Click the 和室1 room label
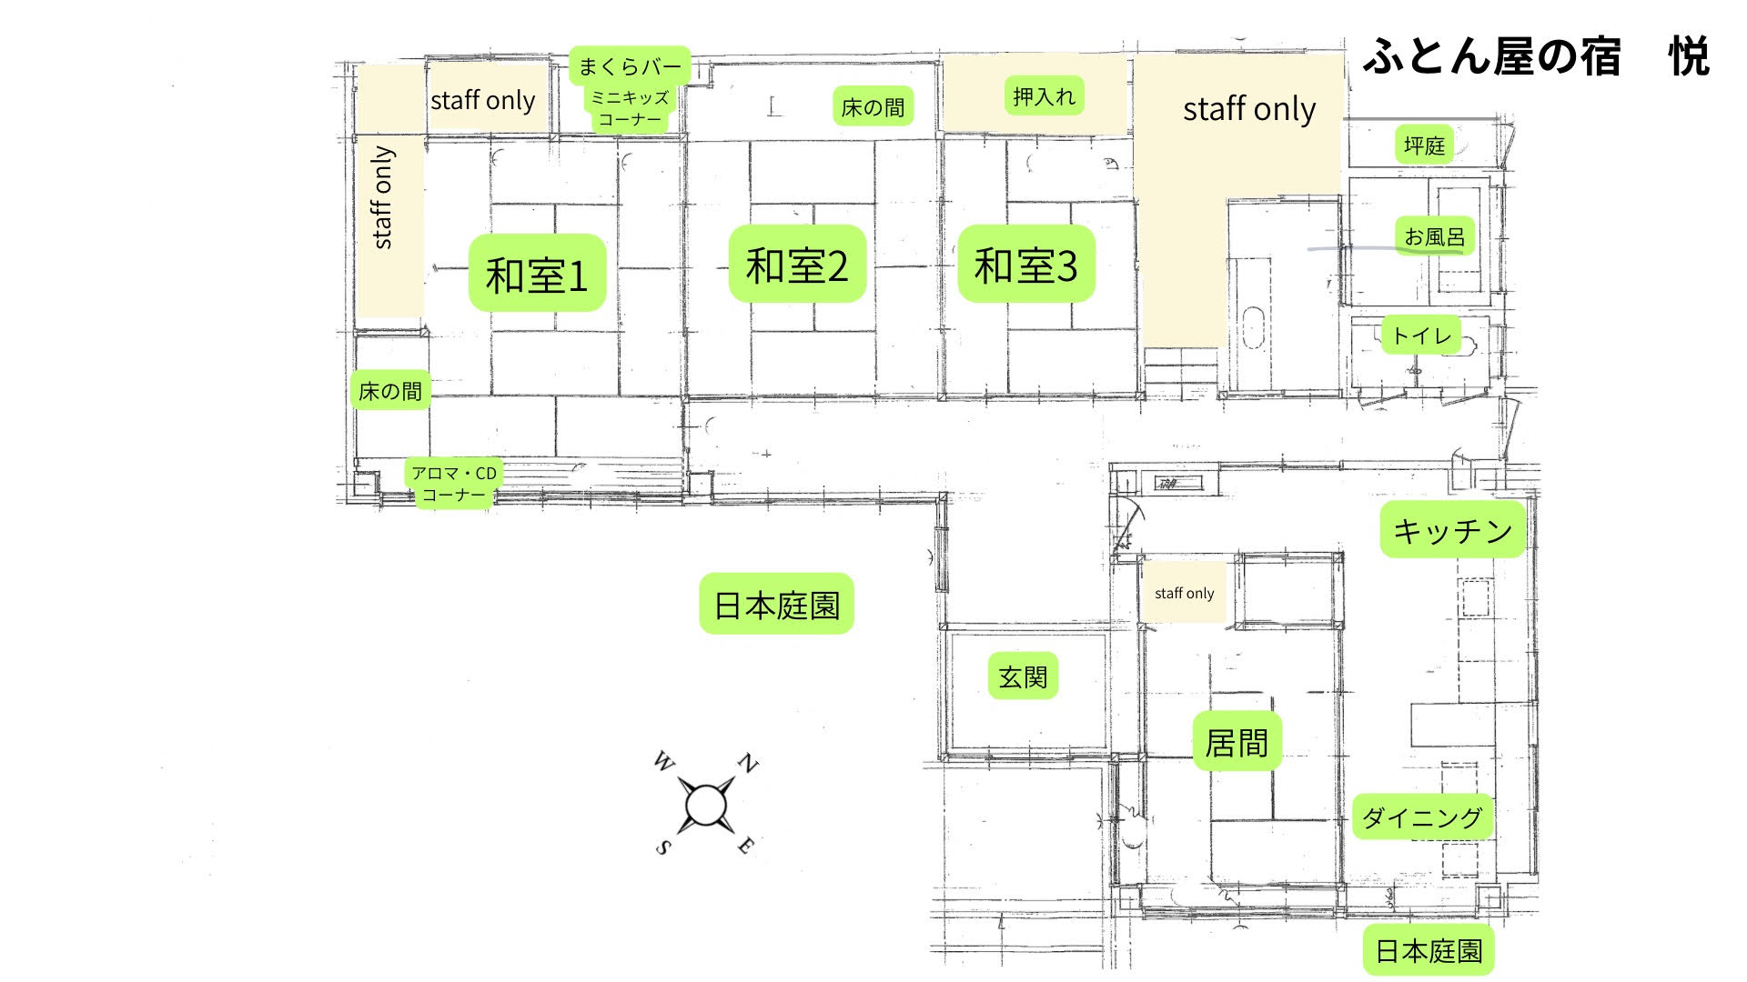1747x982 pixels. click(x=537, y=274)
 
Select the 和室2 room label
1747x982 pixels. click(x=797, y=265)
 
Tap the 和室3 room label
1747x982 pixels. click(x=1026, y=265)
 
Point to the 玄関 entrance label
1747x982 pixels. click(x=1023, y=676)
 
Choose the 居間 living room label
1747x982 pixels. click(x=1237, y=742)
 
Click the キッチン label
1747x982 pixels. click(x=1453, y=529)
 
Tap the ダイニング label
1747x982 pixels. click(x=1423, y=817)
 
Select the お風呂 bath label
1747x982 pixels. click(x=1435, y=236)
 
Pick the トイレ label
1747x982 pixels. click(x=1421, y=336)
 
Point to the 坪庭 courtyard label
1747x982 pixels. click(x=1424, y=145)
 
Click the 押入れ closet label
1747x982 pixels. click(x=1044, y=96)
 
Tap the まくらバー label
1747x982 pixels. click(x=630, y=65)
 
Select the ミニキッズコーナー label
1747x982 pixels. click(x=630, y=109)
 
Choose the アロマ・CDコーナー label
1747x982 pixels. click(x=454, y=484)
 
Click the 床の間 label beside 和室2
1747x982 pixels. click(x=873, y=107)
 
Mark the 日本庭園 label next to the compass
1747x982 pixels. click(x=776, y=605)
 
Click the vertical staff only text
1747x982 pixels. click(x=383, y=197)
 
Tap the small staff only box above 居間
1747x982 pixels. click(x=1184, y=593)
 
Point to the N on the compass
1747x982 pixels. click(x=748, y=763)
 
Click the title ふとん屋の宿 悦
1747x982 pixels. click(x=1536, y=56)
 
